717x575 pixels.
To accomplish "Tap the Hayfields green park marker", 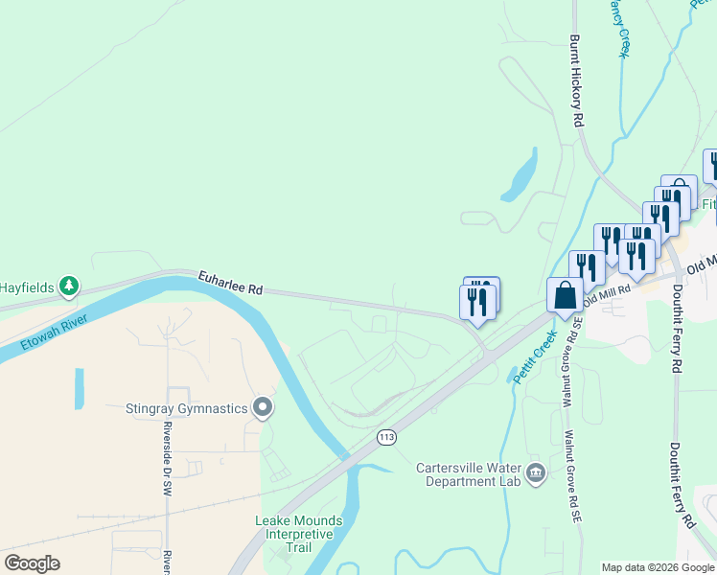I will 69,286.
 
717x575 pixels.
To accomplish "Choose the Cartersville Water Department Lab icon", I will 536,471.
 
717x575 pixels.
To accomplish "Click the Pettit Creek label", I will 535,356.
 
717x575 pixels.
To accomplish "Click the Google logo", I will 32,563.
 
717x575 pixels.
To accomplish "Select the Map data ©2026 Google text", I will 658,567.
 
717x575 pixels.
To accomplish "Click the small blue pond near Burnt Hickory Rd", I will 519,178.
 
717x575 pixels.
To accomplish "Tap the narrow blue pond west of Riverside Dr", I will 78,388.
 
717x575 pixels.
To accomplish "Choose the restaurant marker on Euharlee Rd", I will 476,301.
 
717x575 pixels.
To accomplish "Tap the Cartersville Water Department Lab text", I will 468,474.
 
